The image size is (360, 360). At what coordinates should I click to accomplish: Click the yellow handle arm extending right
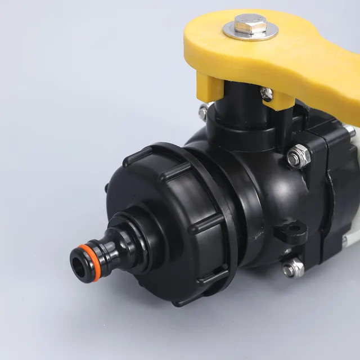pyautogui.click(x=315, y=67)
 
